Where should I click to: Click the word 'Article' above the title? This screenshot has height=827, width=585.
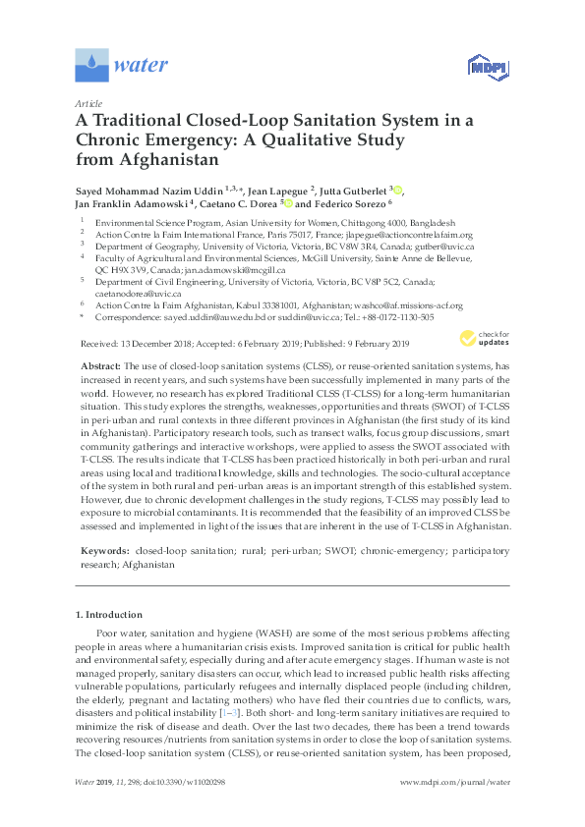[89, 103]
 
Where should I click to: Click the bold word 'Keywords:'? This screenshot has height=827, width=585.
[104, 553]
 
